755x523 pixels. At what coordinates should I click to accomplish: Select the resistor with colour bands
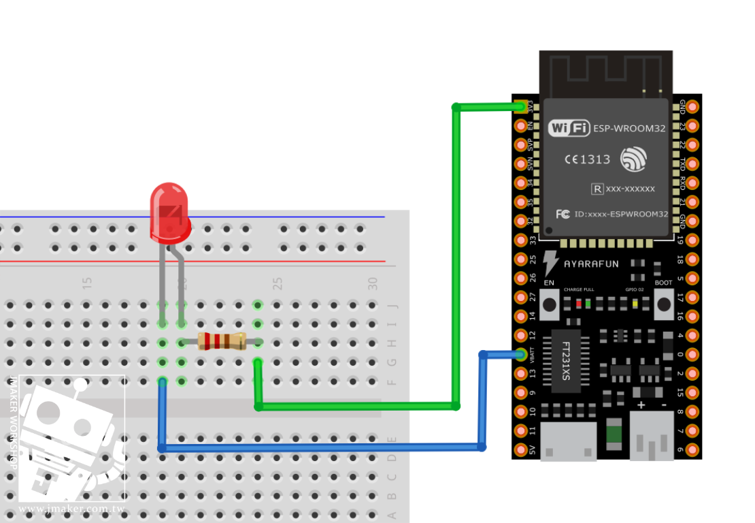pyautogui.click(x=222, y=341)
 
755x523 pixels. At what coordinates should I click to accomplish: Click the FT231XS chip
pyautogui.click(x=566, y=362)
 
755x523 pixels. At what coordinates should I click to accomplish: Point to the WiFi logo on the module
pyautogui.click(x=569, y=127)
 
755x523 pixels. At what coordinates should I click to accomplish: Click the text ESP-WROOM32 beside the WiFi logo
pyautogui.click(x=629, y=128)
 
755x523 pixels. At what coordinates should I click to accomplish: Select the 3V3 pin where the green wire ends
pyautogui.click(x=522, y=106)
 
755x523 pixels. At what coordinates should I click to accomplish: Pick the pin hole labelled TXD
pyautogui.click(x=692, y=163)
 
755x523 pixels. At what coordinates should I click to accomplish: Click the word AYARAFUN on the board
pyautogui.click(x=591, y=264)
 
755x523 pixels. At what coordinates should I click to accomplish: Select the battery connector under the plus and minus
pyautogui.click(x=652, y=439)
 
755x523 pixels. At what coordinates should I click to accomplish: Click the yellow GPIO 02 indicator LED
pyautogui.click(x=634, y=304)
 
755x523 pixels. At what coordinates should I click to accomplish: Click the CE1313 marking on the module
pyautogui.click(x=587, y=159)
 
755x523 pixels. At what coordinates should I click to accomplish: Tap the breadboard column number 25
pyautogui.click(x=278, y=283)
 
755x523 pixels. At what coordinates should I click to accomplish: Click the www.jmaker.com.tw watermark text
pyautogui.click(x=71, y=509)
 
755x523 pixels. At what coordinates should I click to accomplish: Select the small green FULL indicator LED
pyautogui.click(x=587, y=304)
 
